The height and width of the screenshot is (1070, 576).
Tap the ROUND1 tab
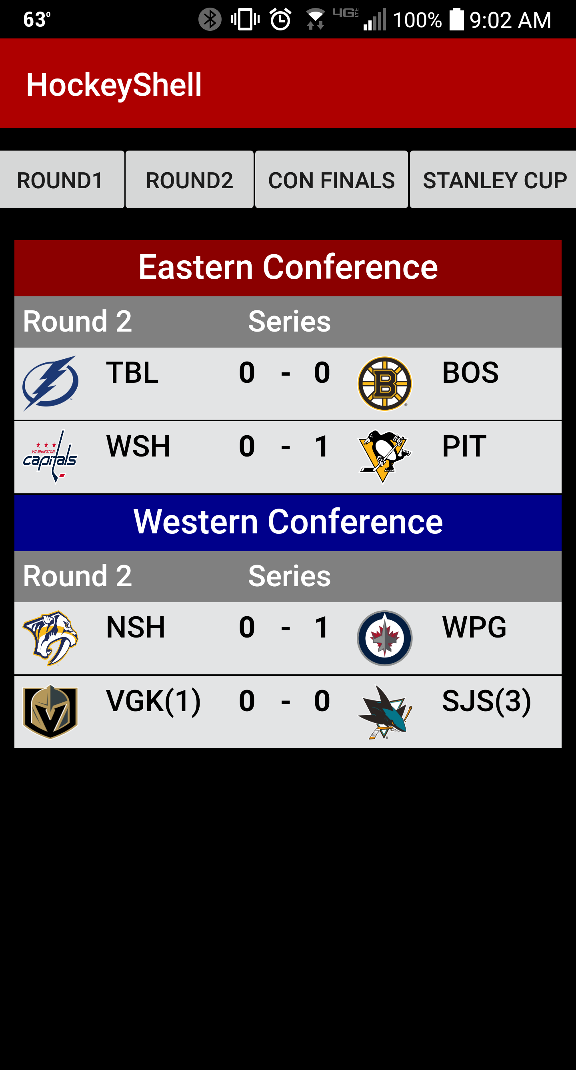pyautogui.click(x=62, y=179)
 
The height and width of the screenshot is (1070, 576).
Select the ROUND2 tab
pyautogui.click(x=189, y=179)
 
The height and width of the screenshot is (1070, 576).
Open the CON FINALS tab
pyautogui.click(x=331, y=179)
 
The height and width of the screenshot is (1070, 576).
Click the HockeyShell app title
pyautogui.click(x=114, y=85)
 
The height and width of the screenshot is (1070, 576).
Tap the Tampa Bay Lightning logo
pyautogui.click(x=50, y=383)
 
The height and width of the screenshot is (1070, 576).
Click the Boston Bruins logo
pyautogui.click(x=385, y=383)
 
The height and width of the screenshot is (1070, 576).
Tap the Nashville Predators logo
pyautogui.click(x=50, y=638)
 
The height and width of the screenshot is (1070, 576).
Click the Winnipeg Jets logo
pyautogui.click(x=385, y=638)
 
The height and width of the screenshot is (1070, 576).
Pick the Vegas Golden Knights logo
pyautogui.click(x=50, y=712)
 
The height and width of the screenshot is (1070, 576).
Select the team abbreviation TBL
pyautogui.click(x=132, y=372)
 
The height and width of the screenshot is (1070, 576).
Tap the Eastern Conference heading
pyautogui.click(x=288, y=267)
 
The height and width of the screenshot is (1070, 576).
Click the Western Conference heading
pyautogui.click(x=288, y=522)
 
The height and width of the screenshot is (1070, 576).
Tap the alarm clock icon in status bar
pyautogui.click(x=280, y=19)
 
